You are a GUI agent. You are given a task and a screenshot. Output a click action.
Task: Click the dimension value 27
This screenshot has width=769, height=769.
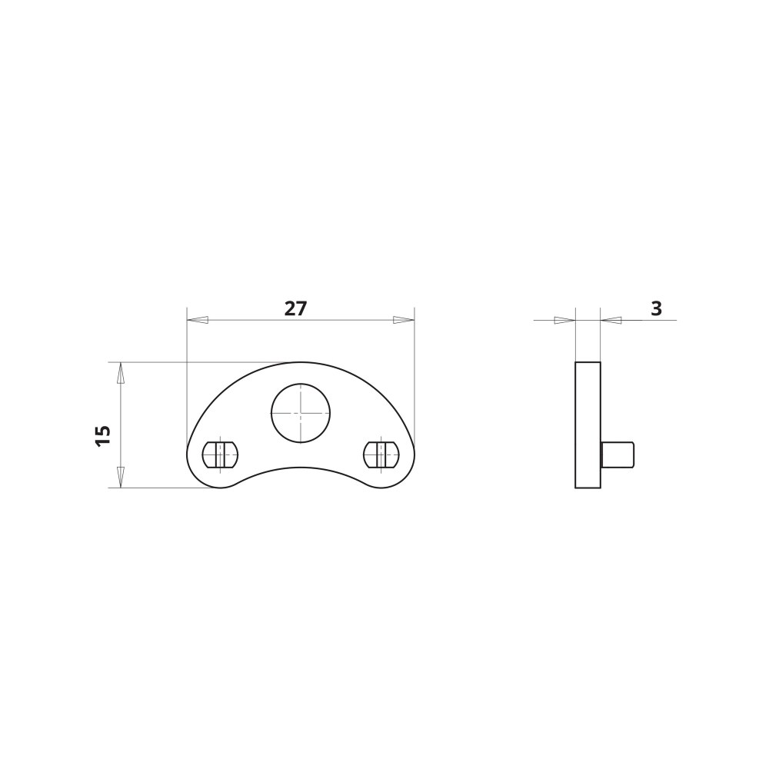coord(295,308)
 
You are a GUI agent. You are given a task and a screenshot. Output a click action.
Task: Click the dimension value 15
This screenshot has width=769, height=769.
coord(104,435)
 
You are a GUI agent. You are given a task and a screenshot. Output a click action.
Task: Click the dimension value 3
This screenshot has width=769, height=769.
coord(656,308)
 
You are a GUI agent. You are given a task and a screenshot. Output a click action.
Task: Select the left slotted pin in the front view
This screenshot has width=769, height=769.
coord(220,454)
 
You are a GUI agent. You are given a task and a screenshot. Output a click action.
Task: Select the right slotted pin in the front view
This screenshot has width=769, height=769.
coord(381,454)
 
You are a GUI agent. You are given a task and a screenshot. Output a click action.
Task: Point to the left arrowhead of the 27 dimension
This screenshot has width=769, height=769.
coord(198,320)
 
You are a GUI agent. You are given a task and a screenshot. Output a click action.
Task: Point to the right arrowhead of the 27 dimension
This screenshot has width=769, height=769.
coord(404,320)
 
